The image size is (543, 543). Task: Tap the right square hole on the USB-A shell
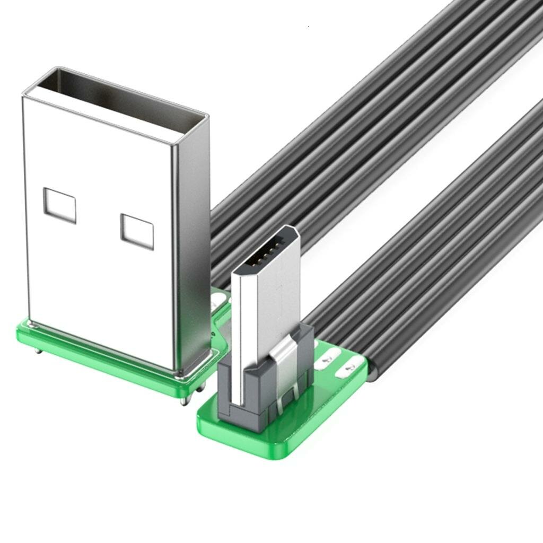pos(137,232)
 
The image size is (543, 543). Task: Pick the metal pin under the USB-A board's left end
pos(37,351)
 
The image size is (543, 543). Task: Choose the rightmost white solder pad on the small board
pos(351,367)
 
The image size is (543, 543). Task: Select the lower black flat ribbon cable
pos(435,255)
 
